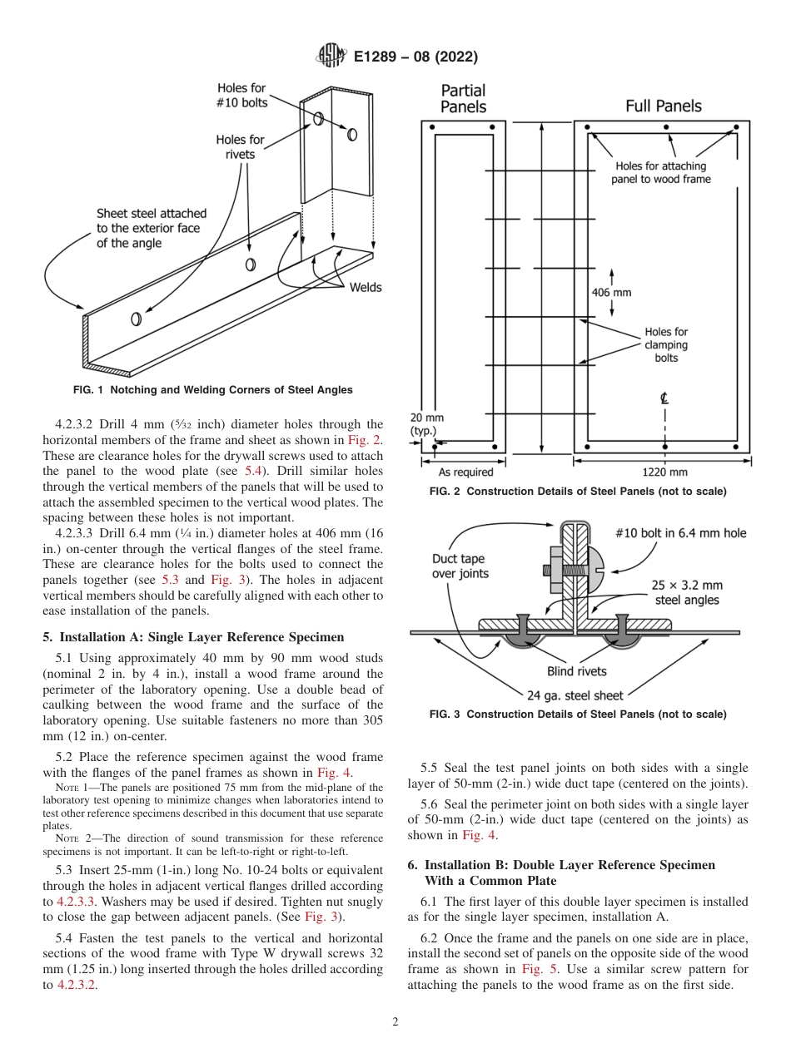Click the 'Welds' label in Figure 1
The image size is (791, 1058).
(365, 287)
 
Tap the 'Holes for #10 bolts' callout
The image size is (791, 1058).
(241, 95)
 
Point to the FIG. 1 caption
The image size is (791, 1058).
(212, 390)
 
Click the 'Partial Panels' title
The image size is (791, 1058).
(463, 98)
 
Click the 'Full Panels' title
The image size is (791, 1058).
(663, 106)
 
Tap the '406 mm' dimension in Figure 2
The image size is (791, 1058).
(611, 293)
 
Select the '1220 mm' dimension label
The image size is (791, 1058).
(666, 472)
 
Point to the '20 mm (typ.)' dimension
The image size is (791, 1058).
(427, 424)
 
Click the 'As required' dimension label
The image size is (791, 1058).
(465, 472)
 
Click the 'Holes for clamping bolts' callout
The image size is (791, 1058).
(666, 344)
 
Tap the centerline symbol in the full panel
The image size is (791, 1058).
(664, 398)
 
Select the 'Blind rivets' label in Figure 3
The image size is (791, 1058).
(576, 671)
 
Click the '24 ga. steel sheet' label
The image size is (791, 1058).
(575, 695)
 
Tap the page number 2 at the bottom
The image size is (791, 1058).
(395, 1022)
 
